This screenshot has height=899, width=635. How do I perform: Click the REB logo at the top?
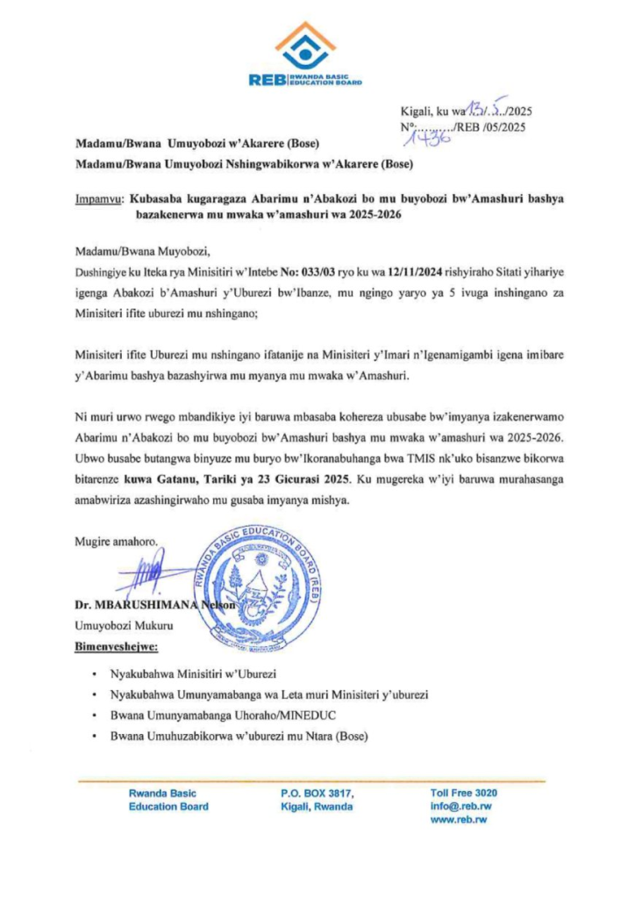(x=305, y=54)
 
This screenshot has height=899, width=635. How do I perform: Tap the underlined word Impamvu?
(x=98, y=199)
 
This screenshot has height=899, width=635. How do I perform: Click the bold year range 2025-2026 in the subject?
(x=375, y=215)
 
